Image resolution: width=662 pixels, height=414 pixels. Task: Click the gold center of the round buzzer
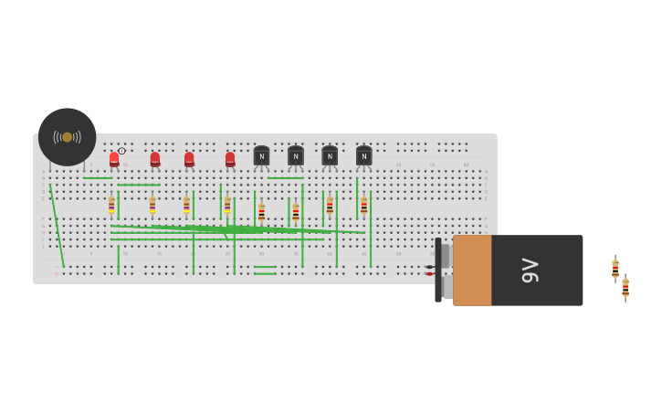pyautogui.click(x=67, y=137)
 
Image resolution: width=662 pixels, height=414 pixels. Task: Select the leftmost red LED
pyautogui.click(x=114, y=160)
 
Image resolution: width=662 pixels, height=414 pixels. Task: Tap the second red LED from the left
pyautogui.click(x=155, y=160)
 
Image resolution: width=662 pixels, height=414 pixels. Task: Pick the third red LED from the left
pyautogui.click(x=189, y=160)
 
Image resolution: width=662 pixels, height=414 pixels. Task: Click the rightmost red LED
pyautogui.click(x=230, y=160)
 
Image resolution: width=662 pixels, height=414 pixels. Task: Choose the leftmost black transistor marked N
pyautogui.click(x=261, y=156)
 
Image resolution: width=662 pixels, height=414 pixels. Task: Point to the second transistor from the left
pyautogui.click(x=296, y=156)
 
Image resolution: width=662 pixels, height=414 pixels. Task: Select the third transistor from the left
pyautogui.click(x=330, y=156)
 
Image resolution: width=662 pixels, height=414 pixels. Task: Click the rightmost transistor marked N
pyautogui.click(x=363, y=156)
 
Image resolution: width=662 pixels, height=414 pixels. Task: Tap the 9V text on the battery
pyautogui.click(x=531, y=271)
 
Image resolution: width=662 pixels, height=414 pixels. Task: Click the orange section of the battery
pyautogui.click(x=472, y=271)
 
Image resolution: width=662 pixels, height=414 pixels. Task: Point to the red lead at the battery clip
pyautogui.click(x=429, y=274)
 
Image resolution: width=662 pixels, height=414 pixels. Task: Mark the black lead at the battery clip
pyautogui.click(x=429, y=267)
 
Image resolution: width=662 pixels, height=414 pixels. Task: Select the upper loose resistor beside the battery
pyautogui.click(x=615, y=269)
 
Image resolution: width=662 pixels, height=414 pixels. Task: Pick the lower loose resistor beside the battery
pyautogui.click(x=625, y=288)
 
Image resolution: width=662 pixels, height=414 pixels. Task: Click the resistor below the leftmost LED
pyautogui.click(x=111, y=205)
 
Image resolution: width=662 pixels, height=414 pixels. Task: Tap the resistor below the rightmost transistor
pyautogui.click(x=363, y=206)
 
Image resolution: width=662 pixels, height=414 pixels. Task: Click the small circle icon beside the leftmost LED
pyautogui.click(x=121, y=151)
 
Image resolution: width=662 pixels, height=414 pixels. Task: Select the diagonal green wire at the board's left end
pyautogui.click(x=57, y=225)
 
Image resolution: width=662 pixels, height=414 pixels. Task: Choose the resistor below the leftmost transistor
pyautogui.click(x=261, y=212)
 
